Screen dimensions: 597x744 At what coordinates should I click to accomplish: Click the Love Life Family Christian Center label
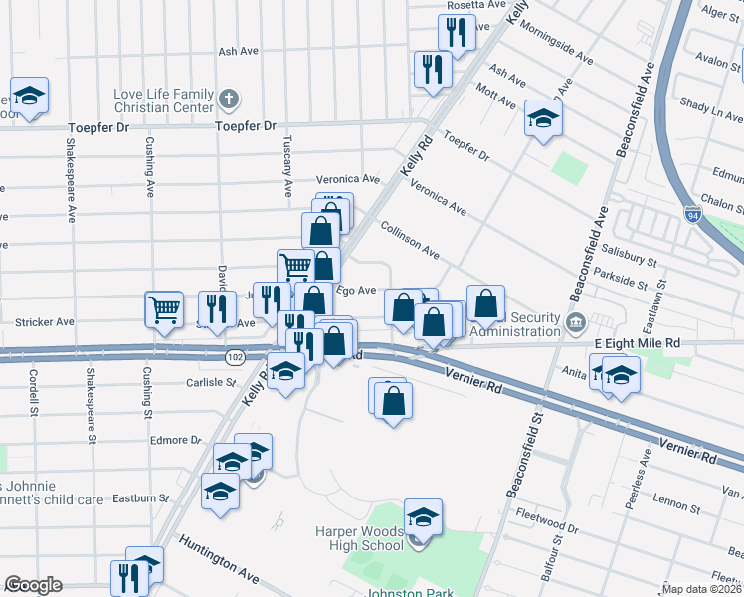click(163, 99)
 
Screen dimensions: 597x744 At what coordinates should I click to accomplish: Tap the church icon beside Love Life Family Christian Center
click(229, 99)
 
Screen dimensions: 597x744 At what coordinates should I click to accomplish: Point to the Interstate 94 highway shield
click(692, 214)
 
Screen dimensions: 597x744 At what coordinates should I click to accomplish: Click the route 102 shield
click(235, 356)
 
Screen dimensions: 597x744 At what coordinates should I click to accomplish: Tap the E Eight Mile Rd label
click(637, 342)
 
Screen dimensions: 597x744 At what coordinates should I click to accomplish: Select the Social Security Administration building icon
click(575, 322)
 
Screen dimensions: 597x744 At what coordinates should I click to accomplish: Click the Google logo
click(33, 585)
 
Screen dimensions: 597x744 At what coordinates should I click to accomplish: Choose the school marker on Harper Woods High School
click(423, 517)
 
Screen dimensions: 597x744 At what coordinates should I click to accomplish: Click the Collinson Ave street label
click(410, 240)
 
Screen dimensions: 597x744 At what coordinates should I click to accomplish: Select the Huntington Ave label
click(219, 557)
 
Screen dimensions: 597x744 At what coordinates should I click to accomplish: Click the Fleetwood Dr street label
click(547, 519)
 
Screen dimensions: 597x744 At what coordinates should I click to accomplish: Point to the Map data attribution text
click(702, 589)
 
